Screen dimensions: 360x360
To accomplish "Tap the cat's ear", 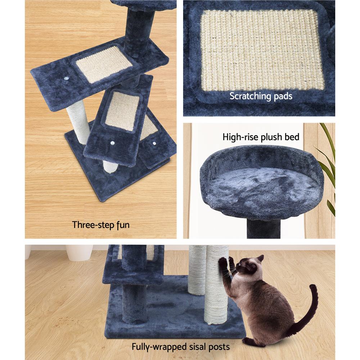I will click(x=260, y=258).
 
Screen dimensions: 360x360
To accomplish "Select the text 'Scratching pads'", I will click(x=261, y=96).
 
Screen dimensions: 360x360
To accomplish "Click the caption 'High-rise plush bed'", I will click(x=261, y=137).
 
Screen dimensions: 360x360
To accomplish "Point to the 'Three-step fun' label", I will click(x=100, y=225).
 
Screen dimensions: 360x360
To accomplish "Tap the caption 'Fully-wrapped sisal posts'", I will click(x=180, y=347).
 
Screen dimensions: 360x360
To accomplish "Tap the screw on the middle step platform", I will click(x=112, y=143).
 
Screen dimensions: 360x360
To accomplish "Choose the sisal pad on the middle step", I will click(x=122, y=110).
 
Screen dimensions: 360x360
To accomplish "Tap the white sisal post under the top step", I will click(x=78, y=121).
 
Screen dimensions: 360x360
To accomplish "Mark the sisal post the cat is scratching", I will click(x=216, y=288).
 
